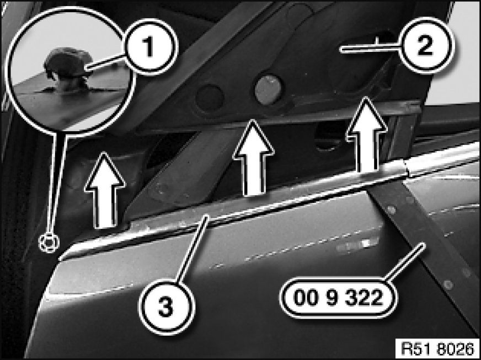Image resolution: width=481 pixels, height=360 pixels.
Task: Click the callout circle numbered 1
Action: pos(149,47)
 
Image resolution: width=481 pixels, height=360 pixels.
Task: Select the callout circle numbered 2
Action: pos(425,46)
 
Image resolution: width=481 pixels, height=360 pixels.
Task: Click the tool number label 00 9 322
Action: pos(338,298)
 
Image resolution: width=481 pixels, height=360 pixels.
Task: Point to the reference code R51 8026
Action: pos(437,348)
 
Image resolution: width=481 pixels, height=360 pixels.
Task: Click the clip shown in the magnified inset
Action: pos(67,69)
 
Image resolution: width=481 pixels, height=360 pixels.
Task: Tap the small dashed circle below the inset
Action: pos(49,243)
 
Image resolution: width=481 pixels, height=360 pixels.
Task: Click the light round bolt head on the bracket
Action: pos(269,89)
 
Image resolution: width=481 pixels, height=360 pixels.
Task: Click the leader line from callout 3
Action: pos(193,249)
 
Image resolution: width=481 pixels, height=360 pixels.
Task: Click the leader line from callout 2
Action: pos(370,48)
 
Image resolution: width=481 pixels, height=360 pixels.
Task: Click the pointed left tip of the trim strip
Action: pos(60,259)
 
